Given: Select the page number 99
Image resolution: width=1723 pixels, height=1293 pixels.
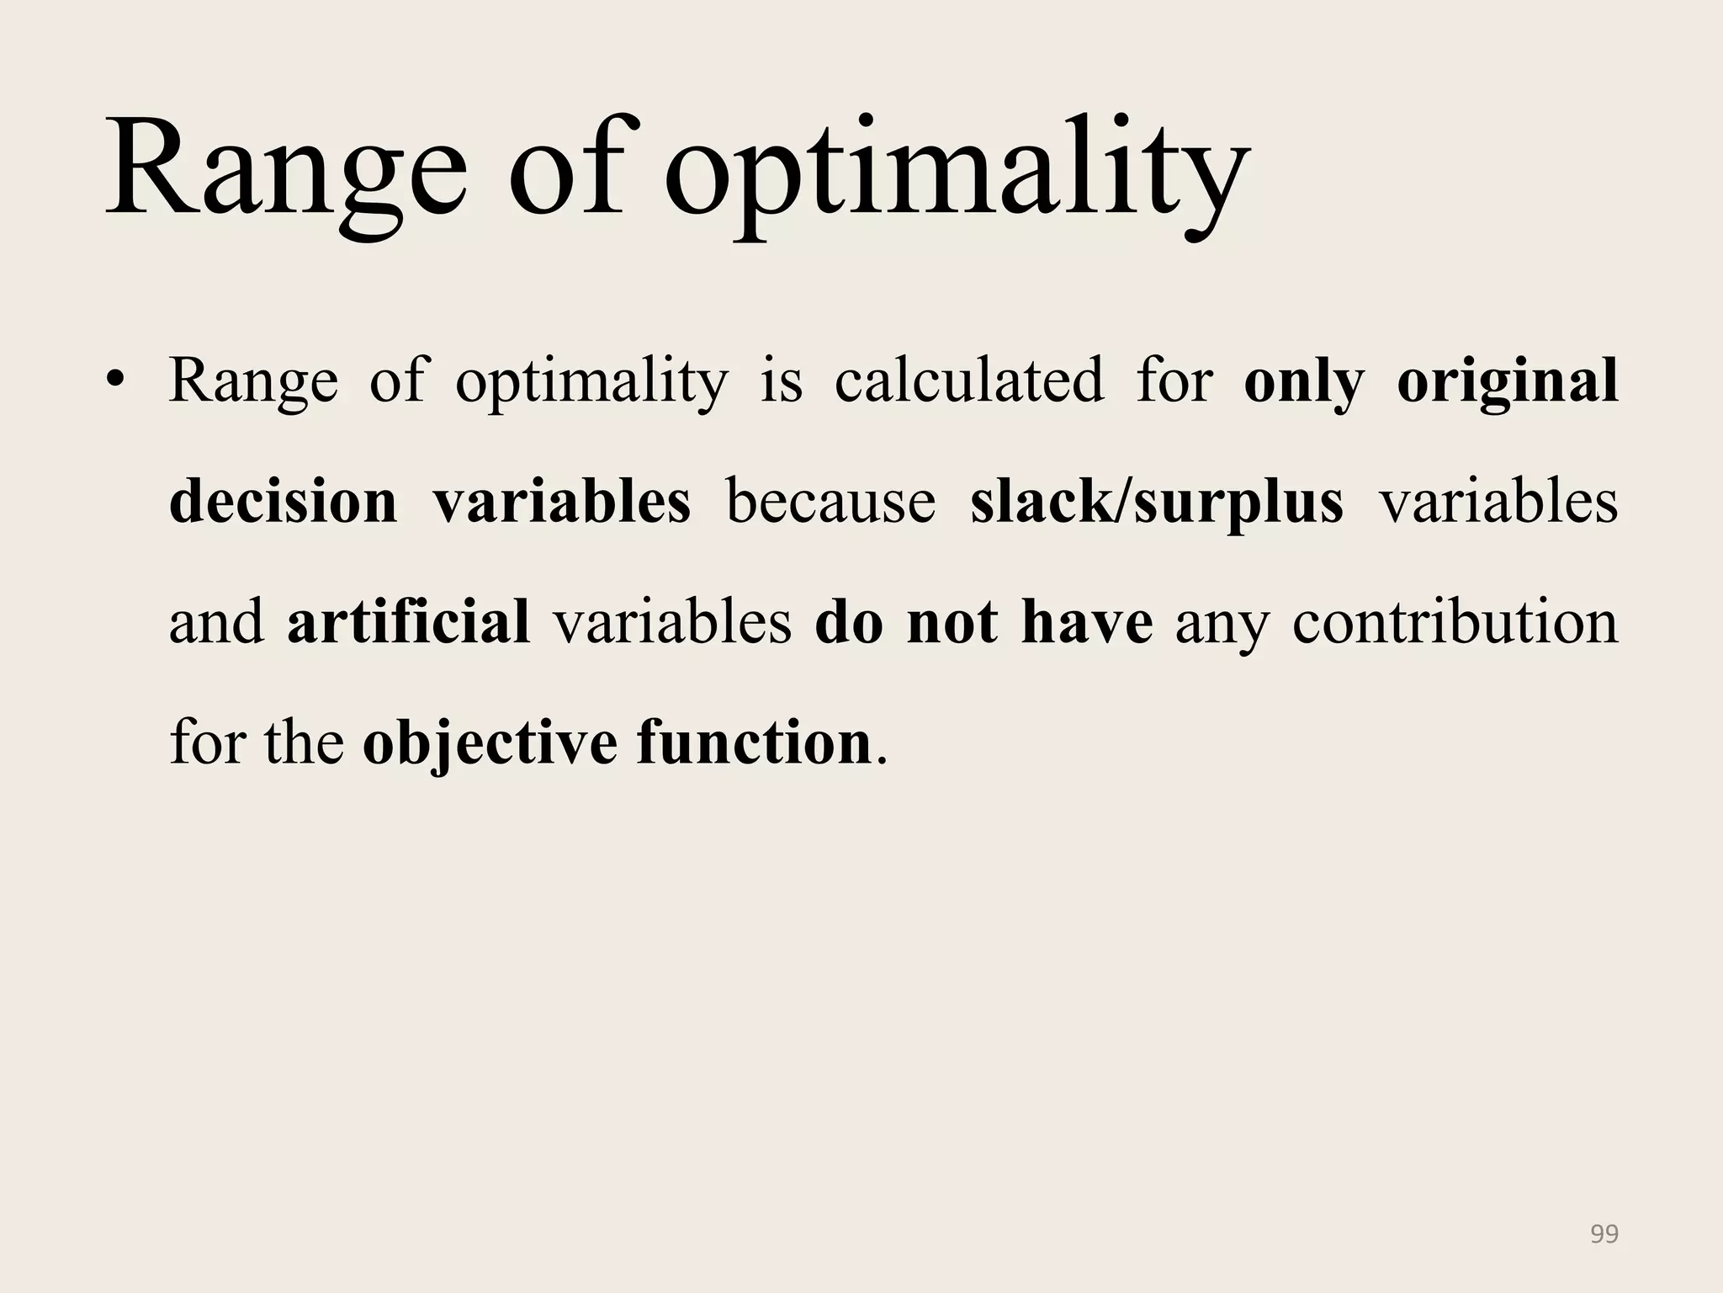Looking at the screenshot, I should coord(1604,1234).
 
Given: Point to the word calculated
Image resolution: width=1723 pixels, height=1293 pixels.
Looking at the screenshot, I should coord(968,380).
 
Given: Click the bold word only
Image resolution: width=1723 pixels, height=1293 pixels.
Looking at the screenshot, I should coord(1303,380).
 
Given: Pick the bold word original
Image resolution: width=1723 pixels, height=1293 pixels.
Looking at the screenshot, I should coord(1507,380).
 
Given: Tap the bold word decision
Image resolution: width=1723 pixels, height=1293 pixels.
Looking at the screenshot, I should coord(284,502).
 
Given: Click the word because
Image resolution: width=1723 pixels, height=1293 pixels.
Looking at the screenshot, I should coord(830,502).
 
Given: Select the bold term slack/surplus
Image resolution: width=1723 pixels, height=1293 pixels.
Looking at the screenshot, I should coord(1157,502).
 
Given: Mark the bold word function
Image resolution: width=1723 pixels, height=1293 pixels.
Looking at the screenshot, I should coord(754,743).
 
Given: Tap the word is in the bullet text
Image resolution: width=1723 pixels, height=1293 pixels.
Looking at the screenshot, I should coord(782,380).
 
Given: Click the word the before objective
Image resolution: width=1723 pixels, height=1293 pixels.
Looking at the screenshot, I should coord(304,743).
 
